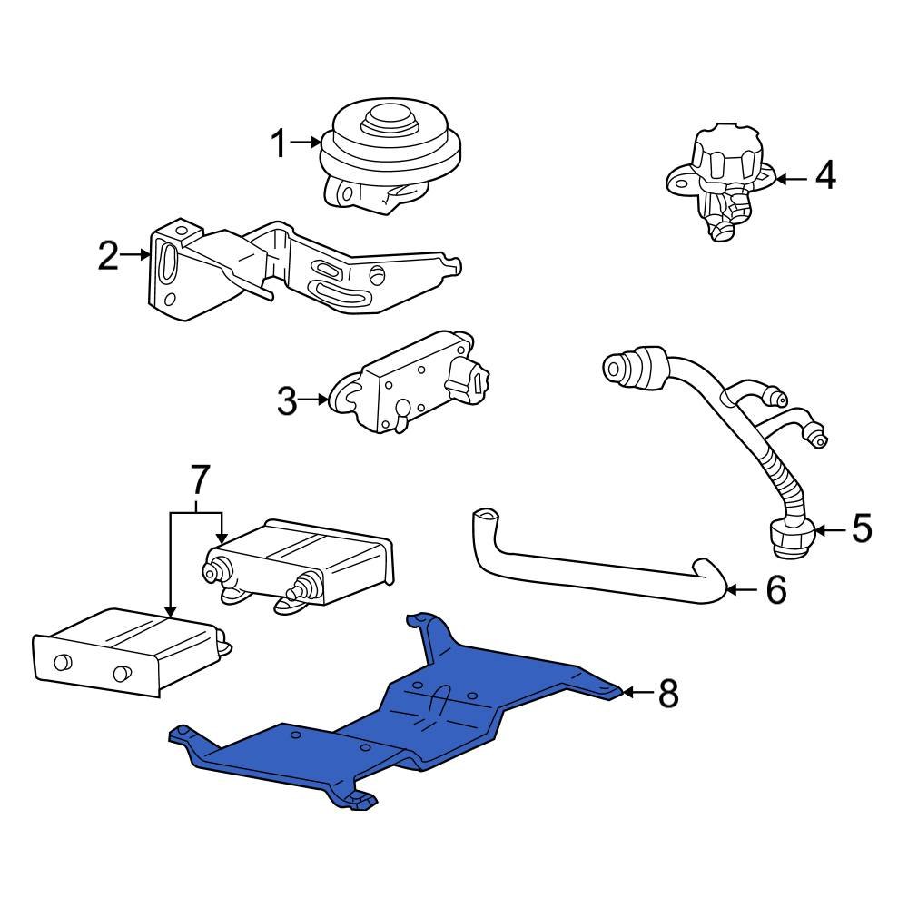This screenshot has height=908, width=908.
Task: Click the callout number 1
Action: [x=279, y=143]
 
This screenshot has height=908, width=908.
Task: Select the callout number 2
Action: [x=108, y=257]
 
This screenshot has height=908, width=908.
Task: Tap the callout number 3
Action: [x=286, y=400]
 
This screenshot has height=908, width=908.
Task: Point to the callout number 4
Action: [x=824, y=177]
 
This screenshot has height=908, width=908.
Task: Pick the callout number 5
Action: [x=860, y=528]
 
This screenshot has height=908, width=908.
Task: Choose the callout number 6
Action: [x=775, y=590]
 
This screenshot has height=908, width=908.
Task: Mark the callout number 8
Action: [x=667, y=695]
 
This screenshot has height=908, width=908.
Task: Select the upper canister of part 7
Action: [x=304, y=558]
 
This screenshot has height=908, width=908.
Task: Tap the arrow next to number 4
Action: [x=790, y=179]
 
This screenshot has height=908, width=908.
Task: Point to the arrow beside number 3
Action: [x=316, y=400]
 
